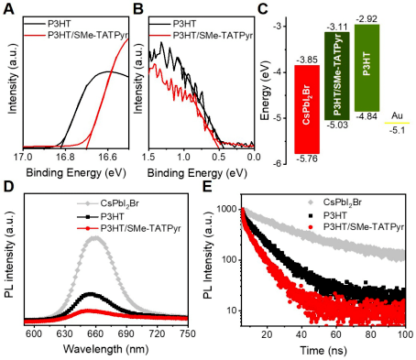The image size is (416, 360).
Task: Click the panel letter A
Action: (x=8, y=9)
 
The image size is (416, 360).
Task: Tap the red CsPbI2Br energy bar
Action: (x=307, y=109)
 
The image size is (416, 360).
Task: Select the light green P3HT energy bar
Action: (x=367, y=68)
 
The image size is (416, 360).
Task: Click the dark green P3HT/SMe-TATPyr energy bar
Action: (x=337, y=76)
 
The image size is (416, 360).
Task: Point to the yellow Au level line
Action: (x=397, y=123)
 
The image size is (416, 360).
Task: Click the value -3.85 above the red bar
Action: (x=307, y=60)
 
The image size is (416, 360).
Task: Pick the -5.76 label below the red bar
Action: (x=307, y=158)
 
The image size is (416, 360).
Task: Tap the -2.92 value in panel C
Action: (x=367, y=18)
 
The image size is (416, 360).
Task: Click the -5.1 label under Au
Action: (x=397, y=130)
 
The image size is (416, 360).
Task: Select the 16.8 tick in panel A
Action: (x=65, y=158)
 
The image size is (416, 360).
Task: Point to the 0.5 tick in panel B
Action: (x=219, y=158)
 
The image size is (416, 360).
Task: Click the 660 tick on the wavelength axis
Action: (x=95, y=333)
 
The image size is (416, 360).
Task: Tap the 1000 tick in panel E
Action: (x=227, y=209)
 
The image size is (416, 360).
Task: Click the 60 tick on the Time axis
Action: (x=336, y=333)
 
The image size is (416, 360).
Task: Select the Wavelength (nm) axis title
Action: (x=105, y=348)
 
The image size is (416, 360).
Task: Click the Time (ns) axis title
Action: (x=323, y=350)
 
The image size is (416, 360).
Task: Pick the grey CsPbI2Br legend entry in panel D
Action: (x=107, y=203)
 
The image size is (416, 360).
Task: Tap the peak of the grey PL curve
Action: (x=96, y=237)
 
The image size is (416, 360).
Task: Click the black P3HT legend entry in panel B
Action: (x=172, y=24)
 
